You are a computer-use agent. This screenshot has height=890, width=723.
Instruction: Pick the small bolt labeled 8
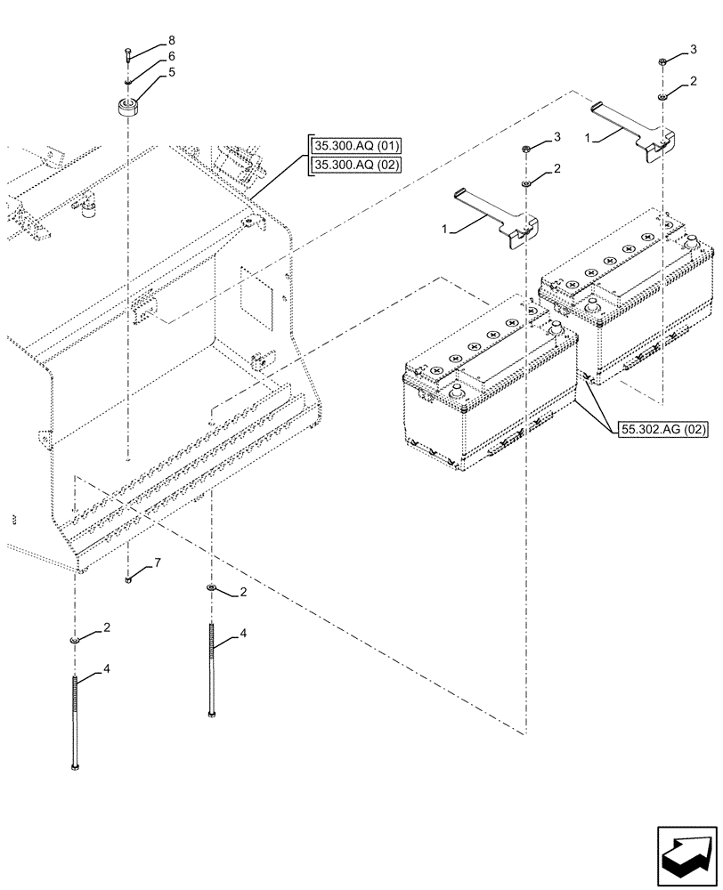129,56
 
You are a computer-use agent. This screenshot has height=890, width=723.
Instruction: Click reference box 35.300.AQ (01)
356,145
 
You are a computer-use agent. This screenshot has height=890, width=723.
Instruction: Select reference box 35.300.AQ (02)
356,165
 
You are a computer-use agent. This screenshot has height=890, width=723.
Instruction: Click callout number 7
157,564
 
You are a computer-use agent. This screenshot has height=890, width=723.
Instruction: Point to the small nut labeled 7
130,579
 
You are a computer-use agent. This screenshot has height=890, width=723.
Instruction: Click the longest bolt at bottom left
76,721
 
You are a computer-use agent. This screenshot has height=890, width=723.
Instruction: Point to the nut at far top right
662,61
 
